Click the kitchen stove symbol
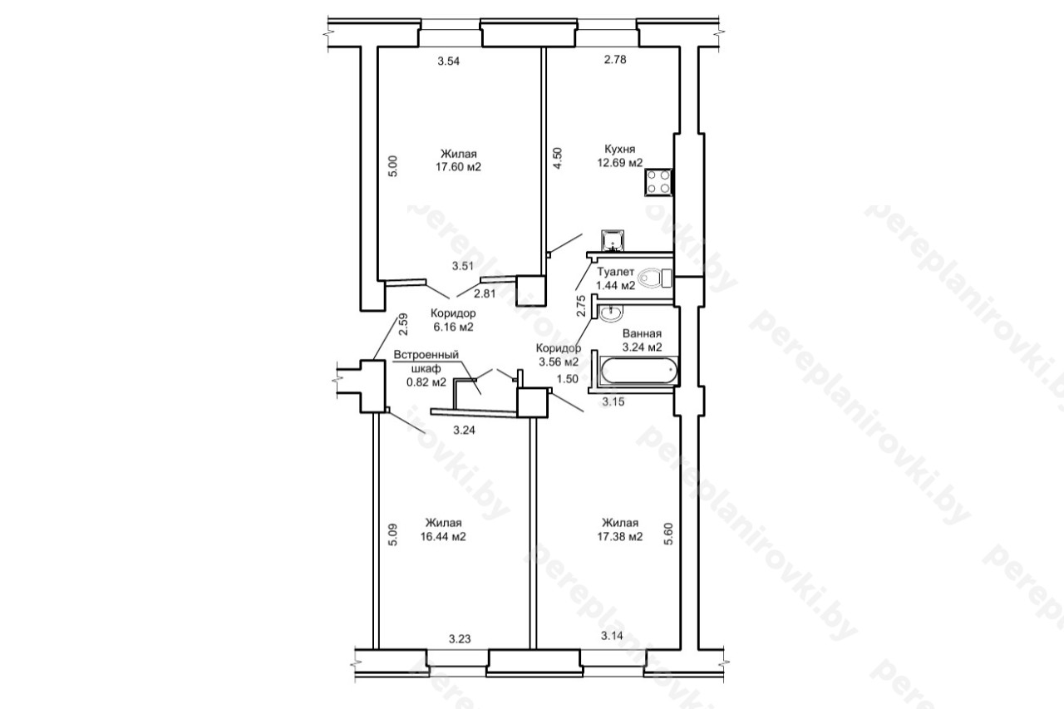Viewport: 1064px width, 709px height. (x=659, y=182)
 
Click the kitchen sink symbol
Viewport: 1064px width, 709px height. (x=613, y=240)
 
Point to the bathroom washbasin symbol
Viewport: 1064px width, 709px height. (x=610, y=314)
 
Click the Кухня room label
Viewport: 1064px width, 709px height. (x=620, y=149)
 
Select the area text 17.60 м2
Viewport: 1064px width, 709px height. (x=458, y=167)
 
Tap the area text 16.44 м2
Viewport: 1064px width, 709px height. (x=443, y=537)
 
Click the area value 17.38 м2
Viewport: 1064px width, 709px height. (x=620, y=537)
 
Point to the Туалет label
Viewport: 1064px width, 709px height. (x=616, y=272)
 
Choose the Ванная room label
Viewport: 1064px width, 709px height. (x=642, y=333)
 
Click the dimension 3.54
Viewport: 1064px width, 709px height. (x=449, y=61)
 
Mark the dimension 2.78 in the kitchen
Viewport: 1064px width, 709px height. (x=615, y=59)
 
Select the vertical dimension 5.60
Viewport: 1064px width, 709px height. (x=669, y=534)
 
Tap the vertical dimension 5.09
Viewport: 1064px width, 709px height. (x=393, y=534)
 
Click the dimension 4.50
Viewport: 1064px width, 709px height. (x=558, y=159)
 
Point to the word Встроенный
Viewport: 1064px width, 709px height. (x=426, y=355)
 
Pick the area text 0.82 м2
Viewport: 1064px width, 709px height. (x=426, y=382)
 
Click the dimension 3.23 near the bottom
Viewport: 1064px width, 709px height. (x=460, y=638)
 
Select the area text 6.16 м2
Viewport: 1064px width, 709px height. (x=453, y=327)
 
